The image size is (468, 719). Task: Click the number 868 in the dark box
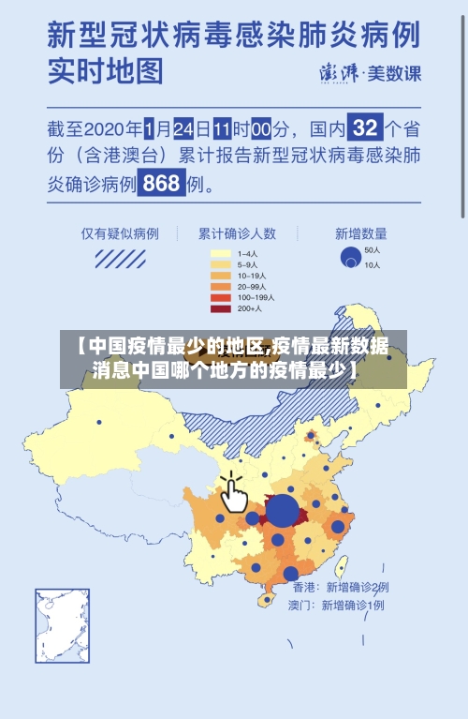pos(161,183)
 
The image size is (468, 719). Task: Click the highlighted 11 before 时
pos(222,127)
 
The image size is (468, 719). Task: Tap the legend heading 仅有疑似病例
pos(119,233)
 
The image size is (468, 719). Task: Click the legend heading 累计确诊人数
pos(236,233)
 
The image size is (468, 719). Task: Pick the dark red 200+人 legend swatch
pos(220,308)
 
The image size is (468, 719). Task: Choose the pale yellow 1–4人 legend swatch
pos(220,253)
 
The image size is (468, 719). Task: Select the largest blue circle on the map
pos(283,512)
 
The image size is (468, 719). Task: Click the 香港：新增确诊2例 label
pos(340,587)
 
